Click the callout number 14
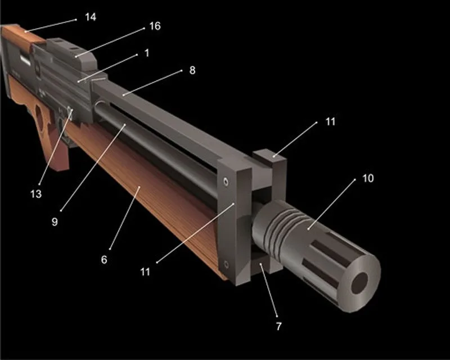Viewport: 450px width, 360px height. (90, 17)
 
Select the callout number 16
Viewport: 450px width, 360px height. (154, 27)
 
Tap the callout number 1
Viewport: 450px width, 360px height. (147, 53)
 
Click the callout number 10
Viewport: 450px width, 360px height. (368, 178)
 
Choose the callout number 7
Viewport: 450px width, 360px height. (279, 326)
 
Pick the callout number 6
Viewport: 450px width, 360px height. (104, 260)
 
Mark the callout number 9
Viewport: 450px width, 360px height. (55, 221)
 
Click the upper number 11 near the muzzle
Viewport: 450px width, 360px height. (330, 121)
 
